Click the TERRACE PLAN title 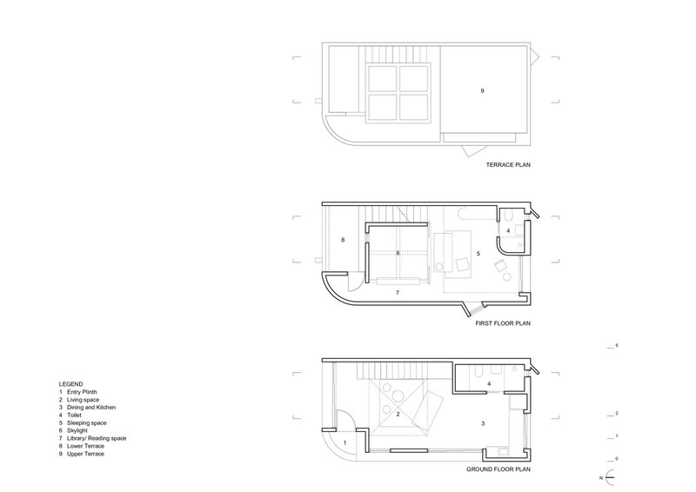click(x=508, y=165)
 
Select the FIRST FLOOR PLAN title click(x=503, y=324)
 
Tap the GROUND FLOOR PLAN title click(x=498, y=469)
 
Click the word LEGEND click(x=70, y=384)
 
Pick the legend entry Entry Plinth click(x=82, y=392)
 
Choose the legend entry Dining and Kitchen click(x=91, y=408)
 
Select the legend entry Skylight click(x=77, y=431)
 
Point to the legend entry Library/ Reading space click(x=97, y=438)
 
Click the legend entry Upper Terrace click(x=85, y=454)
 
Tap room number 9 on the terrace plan click(x=483, y=91)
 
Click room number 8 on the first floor click(x=343, y=240)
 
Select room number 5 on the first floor click(x=478, y=254)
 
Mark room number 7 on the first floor click(x=398, y=293)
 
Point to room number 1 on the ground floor click(x=345, y=442)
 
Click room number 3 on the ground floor click(x=483, y=423)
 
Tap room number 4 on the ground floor click(x=489, y=383)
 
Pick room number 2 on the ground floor click(x=398, y=415)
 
